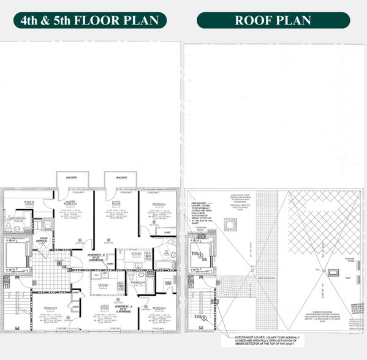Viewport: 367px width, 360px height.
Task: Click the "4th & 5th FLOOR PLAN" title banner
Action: [x=90, y=20]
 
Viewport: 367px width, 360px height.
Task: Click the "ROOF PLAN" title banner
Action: [x=273, y=20]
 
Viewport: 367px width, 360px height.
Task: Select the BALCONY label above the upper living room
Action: [x=120, y=178]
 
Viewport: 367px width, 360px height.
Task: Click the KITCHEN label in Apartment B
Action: [x=136, y=251]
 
